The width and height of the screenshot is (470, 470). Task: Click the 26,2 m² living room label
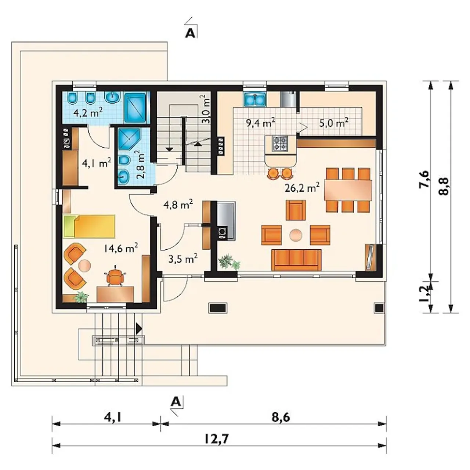302,188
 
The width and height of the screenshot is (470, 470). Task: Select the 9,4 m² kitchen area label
261,123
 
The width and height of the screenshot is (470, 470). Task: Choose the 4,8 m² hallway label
179,205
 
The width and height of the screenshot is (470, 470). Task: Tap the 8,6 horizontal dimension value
281,417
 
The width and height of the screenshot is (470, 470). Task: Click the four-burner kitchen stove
280,144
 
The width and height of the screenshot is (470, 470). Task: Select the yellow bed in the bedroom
89,226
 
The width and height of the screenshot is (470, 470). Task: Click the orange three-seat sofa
296,260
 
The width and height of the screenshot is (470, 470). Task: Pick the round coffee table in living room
296,235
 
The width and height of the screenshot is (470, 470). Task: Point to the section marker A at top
190,33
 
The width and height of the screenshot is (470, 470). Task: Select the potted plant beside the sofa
229,262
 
